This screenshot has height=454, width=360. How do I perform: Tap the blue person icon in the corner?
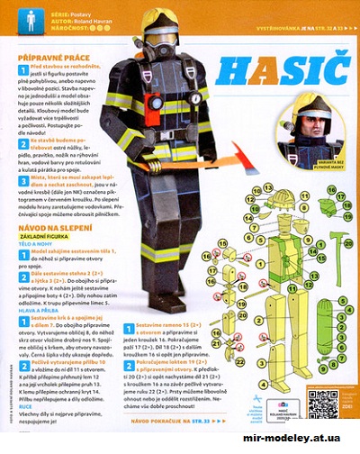coord(31,21)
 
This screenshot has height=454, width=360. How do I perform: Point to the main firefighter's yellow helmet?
coord(158,20)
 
